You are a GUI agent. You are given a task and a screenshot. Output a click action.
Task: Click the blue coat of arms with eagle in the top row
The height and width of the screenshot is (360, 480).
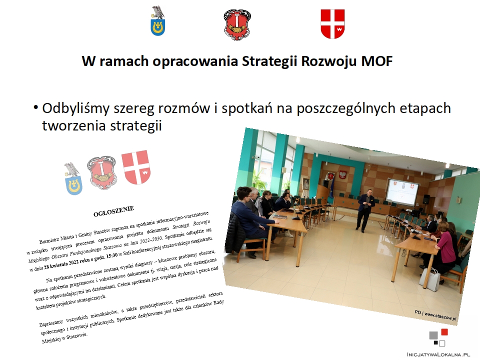coord(158,21)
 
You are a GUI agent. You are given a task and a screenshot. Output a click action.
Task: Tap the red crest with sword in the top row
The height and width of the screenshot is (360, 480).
coord(237,25)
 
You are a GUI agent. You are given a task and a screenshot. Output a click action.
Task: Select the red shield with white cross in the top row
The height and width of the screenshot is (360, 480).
coord(332,24)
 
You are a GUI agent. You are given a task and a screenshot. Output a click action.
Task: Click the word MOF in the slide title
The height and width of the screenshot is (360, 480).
coord(377,61)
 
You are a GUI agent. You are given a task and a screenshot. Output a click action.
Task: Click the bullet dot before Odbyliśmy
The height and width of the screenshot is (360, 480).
coord(36,108)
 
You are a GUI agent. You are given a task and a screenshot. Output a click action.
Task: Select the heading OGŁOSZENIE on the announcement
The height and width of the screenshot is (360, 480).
coord(113,211)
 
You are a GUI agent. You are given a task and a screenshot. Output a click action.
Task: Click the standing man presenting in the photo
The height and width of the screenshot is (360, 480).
coord(365,211)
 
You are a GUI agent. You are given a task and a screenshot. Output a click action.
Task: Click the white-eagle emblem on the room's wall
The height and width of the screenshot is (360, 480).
coord(343,174)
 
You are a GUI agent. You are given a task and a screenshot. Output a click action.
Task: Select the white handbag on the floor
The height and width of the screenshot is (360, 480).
coord(429,279)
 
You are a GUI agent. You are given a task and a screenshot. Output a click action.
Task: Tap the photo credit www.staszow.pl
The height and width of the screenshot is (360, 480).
coord(440,316)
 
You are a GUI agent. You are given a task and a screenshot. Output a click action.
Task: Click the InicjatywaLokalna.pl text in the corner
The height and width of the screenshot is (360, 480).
coord(438,354)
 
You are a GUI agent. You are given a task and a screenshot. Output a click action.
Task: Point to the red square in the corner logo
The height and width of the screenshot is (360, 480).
coord(444,332)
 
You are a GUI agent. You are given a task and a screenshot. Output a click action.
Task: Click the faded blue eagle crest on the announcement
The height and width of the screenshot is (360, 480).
coord(73,178)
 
